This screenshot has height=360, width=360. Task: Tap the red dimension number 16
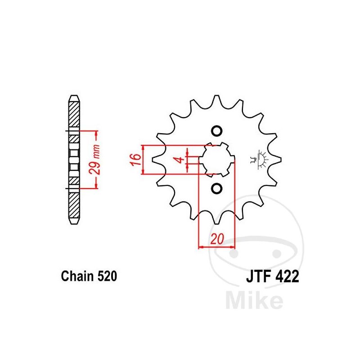[x=135, y=160]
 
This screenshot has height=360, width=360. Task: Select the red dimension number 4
[x=181, y=159]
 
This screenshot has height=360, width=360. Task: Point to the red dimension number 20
[x=217, y=239]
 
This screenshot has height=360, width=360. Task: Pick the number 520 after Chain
[x=108, y=276]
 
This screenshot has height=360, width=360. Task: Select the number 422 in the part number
[x=287, y=276]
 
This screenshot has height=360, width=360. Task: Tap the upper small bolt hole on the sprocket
[x=216, y=131]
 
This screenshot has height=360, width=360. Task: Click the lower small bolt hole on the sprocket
[x=216, y=189]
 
